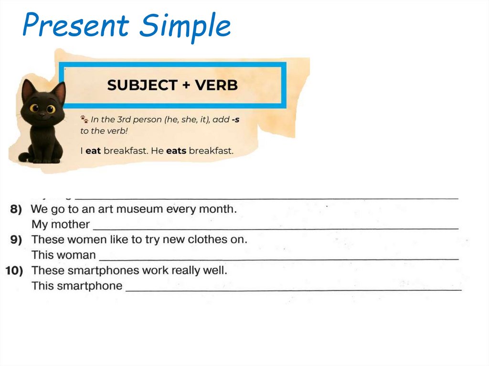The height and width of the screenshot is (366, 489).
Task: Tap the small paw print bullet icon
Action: point(85,119)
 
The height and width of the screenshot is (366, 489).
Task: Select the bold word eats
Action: point(176,151)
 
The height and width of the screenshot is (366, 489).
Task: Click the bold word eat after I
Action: point(93,151)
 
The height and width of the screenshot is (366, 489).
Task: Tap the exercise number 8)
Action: point(17,209)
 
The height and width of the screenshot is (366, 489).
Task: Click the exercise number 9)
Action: point(17,240)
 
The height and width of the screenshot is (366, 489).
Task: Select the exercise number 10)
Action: point(15,271)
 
